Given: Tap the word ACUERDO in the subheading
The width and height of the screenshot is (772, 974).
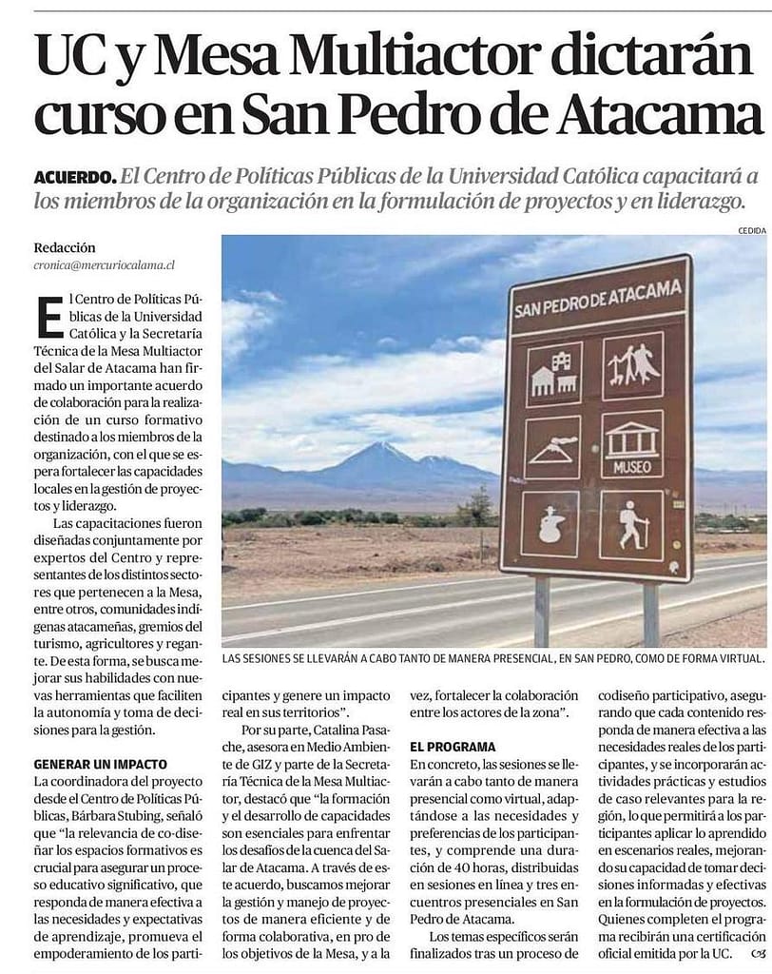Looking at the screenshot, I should tap(74, 176).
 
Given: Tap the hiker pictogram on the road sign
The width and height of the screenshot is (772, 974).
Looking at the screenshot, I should tap(631, 524).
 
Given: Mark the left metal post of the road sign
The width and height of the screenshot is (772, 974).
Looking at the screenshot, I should tap(541, 610).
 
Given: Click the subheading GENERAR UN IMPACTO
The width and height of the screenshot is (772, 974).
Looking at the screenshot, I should tap(100, 764).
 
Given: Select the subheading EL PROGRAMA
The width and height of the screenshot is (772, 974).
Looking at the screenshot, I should tap(453, 747).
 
